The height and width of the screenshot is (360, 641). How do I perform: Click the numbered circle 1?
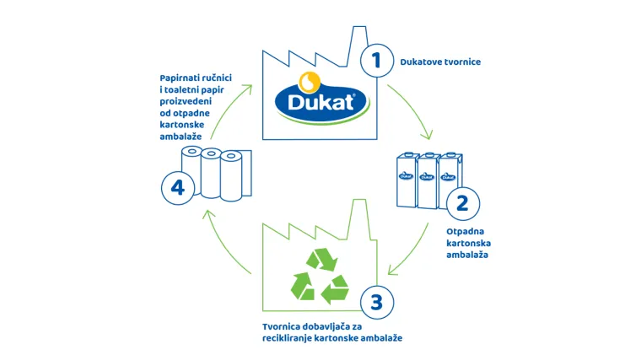pos(376,61)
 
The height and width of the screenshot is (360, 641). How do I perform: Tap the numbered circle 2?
pos(462,203)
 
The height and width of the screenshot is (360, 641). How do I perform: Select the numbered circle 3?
pos(376,301)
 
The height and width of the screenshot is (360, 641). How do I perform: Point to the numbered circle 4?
pos(178,187)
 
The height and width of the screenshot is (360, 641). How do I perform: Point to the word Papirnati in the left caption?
pos(180,77)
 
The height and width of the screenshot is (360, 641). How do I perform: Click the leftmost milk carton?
pos(407,181)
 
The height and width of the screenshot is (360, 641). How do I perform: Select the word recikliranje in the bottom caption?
pos(291,338)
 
